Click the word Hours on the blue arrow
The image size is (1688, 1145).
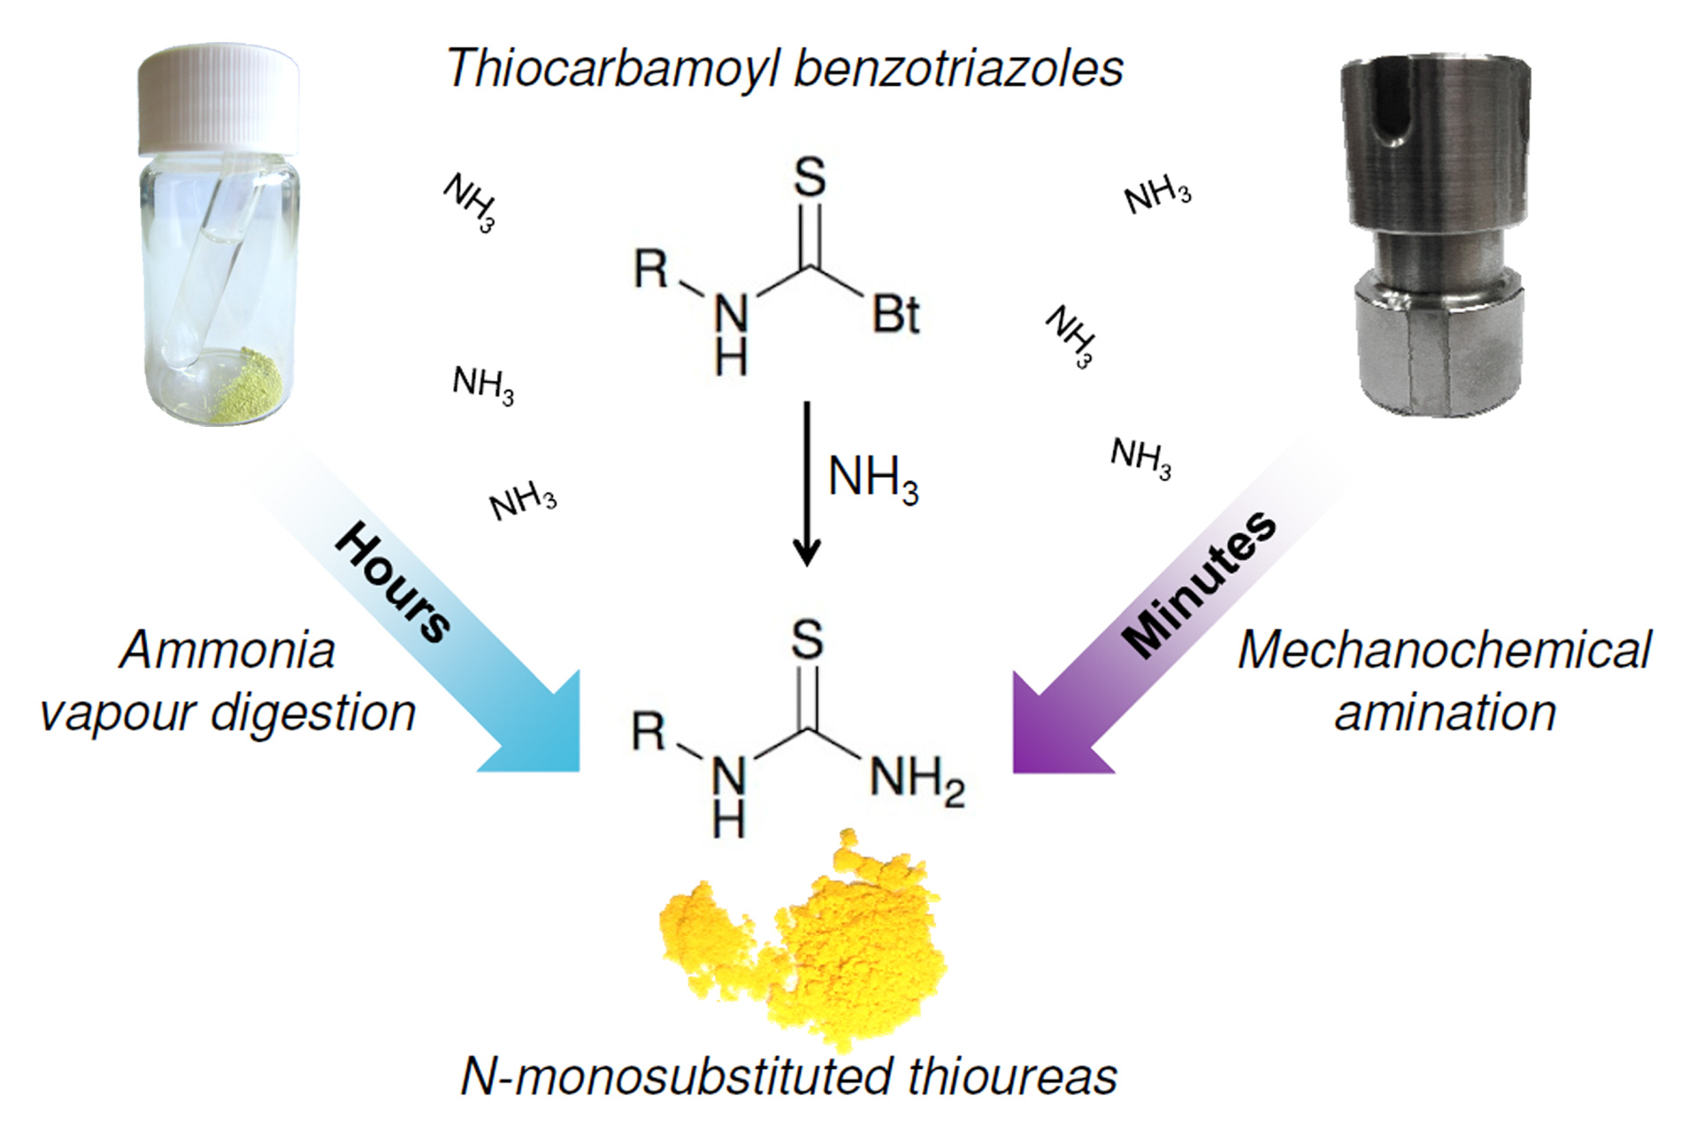393,581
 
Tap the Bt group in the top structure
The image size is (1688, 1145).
895,314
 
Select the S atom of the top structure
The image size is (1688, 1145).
810,177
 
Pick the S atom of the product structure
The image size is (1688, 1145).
807,639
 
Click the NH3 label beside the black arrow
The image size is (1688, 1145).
873,479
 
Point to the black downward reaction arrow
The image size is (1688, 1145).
806,482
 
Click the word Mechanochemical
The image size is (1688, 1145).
1443,650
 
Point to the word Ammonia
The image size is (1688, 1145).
227,650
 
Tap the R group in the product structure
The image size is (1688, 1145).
649,732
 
